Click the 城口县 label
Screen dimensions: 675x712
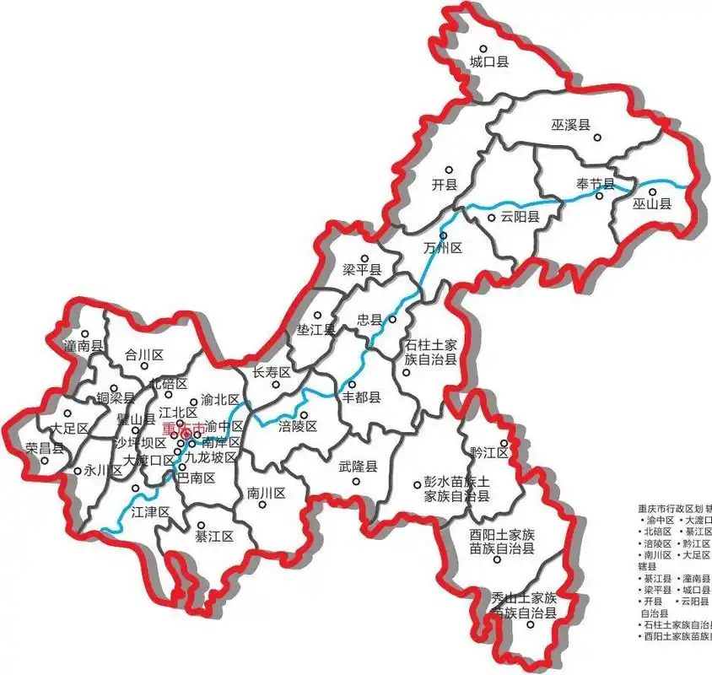[x=489, y=62]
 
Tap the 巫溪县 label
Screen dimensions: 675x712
[x=571, y=126]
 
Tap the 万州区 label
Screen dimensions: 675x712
[x=444, y=249]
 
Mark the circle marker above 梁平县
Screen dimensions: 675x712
[x=364, y=259]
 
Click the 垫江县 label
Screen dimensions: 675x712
[x=317, y=329]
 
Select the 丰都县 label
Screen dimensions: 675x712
[x=361, y=397]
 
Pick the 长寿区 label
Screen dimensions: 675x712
[x=272, y=372]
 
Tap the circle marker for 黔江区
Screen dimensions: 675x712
[x=504, y=442]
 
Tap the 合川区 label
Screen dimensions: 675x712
[x=143, y=355]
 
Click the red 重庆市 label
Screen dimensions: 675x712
[x=181, y=429]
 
